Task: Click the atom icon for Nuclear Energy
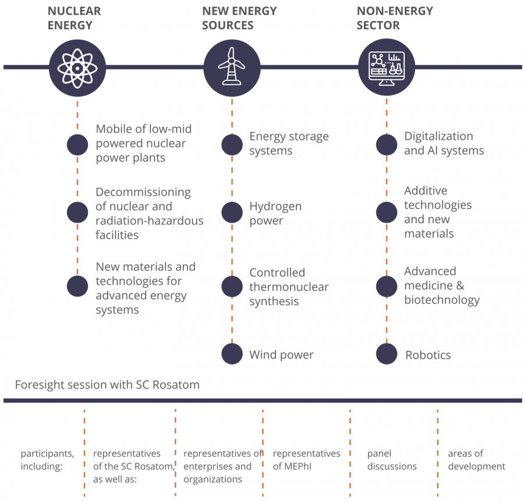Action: coord(77,68)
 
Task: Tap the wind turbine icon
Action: coord(232,66)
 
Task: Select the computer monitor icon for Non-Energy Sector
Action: coord(387,68)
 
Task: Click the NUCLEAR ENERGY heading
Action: coord(74,18)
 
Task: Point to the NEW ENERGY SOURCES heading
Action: coord(239,18)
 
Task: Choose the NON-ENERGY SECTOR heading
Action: coord(395,18)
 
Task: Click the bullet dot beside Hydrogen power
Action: coord(232,212)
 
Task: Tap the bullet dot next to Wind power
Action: coord(232,353)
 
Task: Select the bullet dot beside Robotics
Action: coord(387,353)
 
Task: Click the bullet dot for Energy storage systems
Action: coord(232,144)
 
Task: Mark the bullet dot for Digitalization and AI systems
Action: coord(387,144)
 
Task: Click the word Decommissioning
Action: coord(143,193)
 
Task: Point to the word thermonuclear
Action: coord(289,287)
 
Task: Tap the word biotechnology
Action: coord(442,300)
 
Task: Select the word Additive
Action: coord(426,190)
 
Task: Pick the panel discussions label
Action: coord(392,460)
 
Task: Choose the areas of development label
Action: coord(476,460)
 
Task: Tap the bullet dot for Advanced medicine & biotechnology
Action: coord(387,287)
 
